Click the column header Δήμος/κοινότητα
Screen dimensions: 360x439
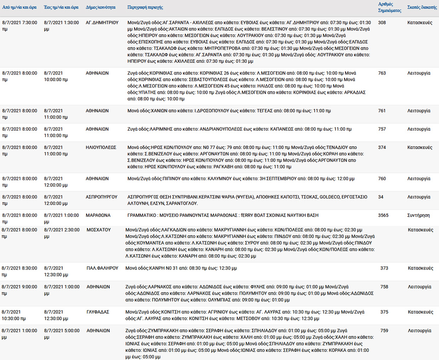[x=100, y=8]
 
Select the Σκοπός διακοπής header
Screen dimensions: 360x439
[x=422, y=7]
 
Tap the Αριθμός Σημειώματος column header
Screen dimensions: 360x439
[x=389, y=7]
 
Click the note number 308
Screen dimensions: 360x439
[x=382, y=23]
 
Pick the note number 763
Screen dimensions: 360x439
[x=382, y=73]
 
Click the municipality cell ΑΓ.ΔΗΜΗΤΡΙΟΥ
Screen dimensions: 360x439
[x=102, y=23]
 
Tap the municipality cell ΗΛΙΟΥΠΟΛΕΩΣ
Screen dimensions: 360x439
[x=101, y=148]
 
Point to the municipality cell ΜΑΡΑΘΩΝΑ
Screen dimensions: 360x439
[x=98, y=215]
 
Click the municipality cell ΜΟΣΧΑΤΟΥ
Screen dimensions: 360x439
[x=98, y=230]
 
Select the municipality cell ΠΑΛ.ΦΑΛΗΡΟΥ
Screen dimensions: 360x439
[x=99, y=268]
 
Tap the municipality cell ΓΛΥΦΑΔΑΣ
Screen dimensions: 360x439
[x=97, y=312]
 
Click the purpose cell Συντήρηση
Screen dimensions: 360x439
[x=418, y=215]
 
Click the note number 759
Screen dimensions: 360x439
[x=384, y=331]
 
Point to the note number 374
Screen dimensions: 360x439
[x=382, y=148]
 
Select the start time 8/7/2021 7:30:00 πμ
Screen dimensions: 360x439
[x=20, y=26]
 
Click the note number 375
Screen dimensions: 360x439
[x=384, y=312]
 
